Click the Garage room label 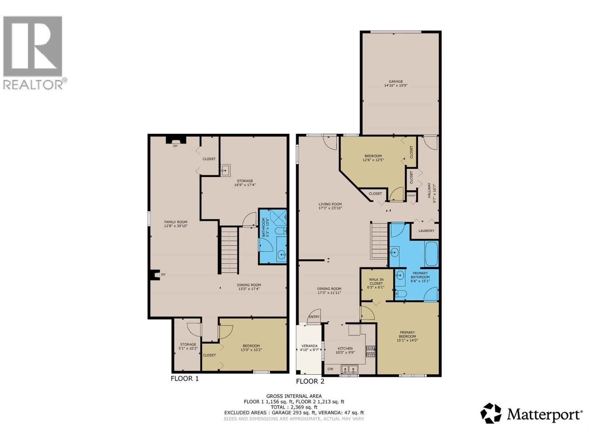click(396, 82)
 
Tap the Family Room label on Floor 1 click(176, 222)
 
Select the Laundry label click(426, 231)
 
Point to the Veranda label click(309, 346)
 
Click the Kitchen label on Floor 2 click(345, 348)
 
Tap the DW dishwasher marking click(330, 369)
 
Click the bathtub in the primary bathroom click(431, 253)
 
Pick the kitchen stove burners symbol click(370, 351)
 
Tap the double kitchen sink click(349, 369)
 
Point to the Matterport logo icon click(491, 413)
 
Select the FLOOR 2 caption click(310, 381)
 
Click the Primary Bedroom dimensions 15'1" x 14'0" click(407, 340)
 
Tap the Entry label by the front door click(314, 317)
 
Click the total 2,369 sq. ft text click(294, 407)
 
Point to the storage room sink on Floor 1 click(225, 170)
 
